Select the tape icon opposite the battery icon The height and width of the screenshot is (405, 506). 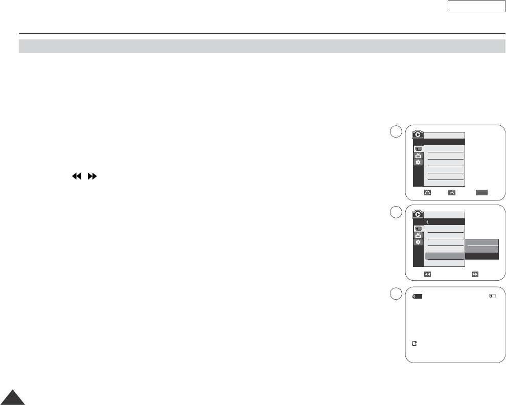coord(492,296)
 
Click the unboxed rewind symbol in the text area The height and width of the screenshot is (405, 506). coord(77,175)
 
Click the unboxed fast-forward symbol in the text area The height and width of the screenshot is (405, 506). coord(93,175)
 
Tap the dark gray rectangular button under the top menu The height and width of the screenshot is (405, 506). coord(481,192)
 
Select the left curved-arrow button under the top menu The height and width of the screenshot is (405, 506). coord(427,192)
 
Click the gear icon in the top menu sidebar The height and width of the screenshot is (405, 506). coord(418,162)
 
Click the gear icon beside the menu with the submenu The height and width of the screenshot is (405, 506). coord(418,241)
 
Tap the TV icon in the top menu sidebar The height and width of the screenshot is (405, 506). coord(418,155)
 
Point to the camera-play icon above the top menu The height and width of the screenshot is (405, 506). coord(418,135)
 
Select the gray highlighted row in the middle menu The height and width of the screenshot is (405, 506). coord(445,256)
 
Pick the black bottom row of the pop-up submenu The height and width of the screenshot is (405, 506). coord(481,256)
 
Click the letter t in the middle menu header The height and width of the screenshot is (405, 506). coord(428,222)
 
